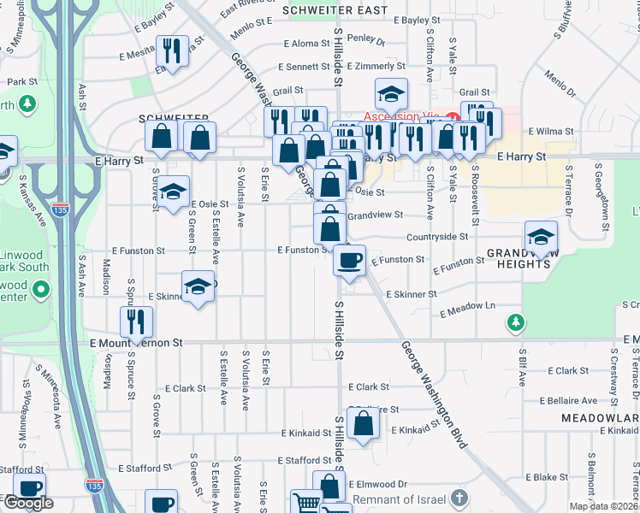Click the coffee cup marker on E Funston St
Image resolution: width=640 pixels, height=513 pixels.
tap(349, 259)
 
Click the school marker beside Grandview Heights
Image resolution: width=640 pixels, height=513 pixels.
tap(541, 237)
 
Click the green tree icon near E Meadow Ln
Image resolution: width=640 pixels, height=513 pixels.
tap(514, 321)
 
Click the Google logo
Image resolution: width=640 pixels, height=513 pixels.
tap(28, 503)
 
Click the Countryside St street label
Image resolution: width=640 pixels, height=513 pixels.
tap(437, 236)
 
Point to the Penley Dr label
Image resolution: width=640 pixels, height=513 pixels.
tap(366, 38)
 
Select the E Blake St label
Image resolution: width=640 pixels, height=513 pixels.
tap(547, 477)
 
